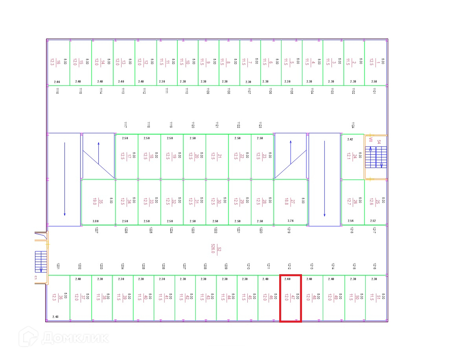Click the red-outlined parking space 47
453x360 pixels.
(x=290, y=298)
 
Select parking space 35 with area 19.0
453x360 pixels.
(x=98, y=202)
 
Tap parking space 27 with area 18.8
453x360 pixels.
(x=290, y=202)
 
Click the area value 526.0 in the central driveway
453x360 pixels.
(x=213, y=249)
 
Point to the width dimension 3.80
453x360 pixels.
(x=95, y=221)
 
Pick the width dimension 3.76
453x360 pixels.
(x=291, y=221)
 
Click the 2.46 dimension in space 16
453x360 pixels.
(x=57, y=82)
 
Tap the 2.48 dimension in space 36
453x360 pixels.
(x=55, y=317)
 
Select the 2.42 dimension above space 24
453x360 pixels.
(x=350, y=139)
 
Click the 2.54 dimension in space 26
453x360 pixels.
(x=351, y=221)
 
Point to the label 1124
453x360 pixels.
(x=353, y=125)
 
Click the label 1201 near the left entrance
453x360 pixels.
(x=58, y=266)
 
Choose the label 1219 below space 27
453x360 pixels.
(x=289, y=231)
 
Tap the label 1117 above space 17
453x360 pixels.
(x=125, y=125)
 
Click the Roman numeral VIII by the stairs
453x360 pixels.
(x=370, y=140)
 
